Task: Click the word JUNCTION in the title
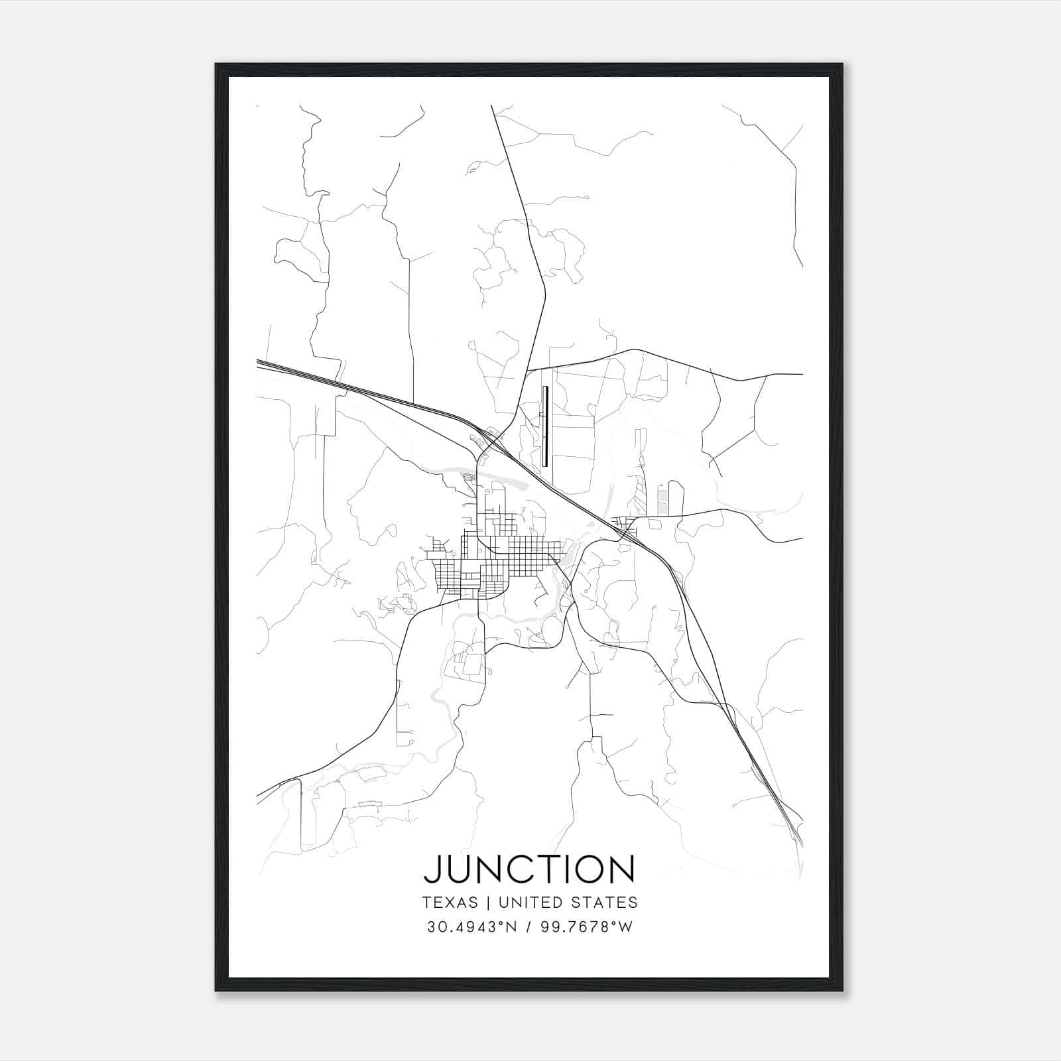pos(529,869)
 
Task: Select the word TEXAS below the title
pos(449,903)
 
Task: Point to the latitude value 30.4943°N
pos(471,927)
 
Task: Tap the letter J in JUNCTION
pos(432,869)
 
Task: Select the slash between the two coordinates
pos(527,927)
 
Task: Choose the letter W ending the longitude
pos(625,927)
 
